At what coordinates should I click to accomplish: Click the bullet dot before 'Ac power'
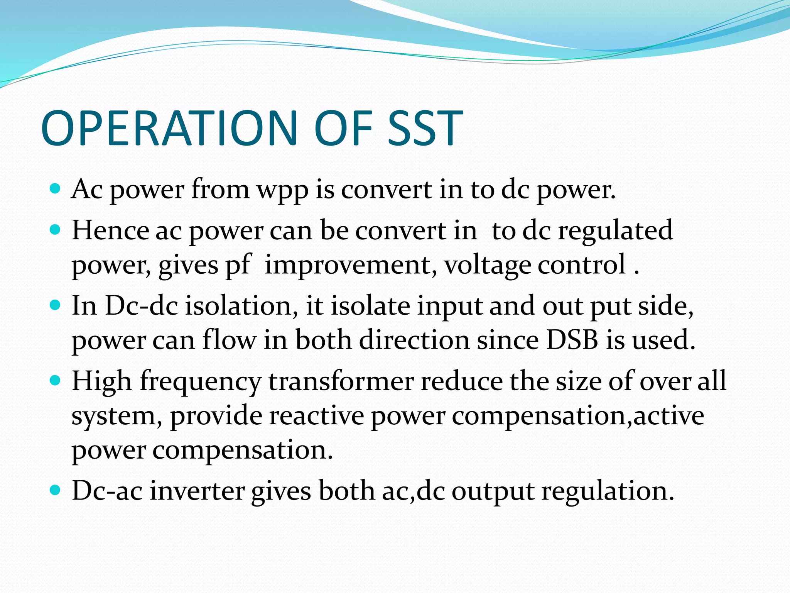[56, 189]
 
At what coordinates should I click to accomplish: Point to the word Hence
[110, 230]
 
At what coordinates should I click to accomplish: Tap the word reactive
[317, 416]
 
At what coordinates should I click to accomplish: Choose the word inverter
[197, 491]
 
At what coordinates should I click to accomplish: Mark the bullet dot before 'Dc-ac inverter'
[56, 491]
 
